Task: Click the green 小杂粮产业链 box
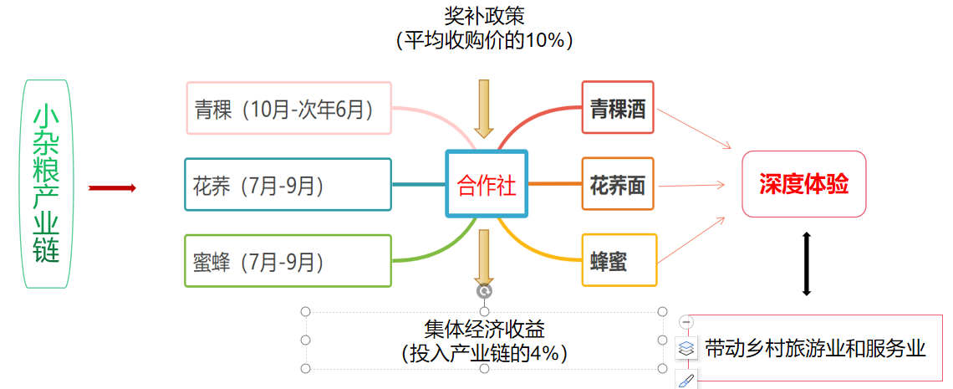(47, 183)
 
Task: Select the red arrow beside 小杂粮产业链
(112, 188)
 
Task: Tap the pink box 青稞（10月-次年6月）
(288, 108)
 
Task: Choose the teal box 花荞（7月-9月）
(288, 185)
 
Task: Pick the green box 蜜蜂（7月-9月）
(288, 261)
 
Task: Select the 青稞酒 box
(618, 108)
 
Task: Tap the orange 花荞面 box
(618, 185)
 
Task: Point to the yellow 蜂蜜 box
(618, 261)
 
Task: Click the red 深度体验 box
(803, 184)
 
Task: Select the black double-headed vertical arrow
(807, 264)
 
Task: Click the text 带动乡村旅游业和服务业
(815, 348)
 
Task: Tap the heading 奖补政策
(484, 16)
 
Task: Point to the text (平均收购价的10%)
(484, 40)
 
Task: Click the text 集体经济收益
(484, 328)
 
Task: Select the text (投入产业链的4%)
(484, 353)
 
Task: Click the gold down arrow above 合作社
(484, 109)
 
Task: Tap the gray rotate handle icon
(484, 291)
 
